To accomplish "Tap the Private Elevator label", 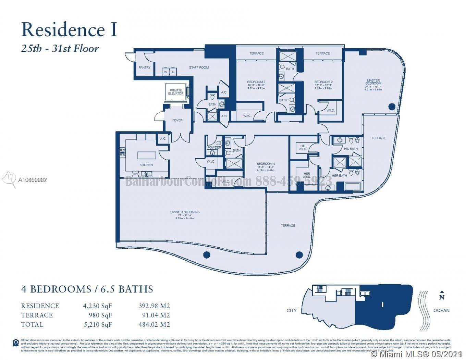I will click(176, 92).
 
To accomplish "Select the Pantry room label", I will click(144, 67).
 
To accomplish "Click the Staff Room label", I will click(199, 67).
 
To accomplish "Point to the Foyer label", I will click(177, 120).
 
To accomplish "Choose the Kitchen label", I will click(146, 165).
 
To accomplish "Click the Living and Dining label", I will click(185, 212).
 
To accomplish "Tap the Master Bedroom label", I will click(373, 82).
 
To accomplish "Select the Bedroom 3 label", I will click(256, 82).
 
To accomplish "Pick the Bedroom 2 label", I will click(323, 82).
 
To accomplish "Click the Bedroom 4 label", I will click(266, 164).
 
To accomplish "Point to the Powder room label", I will click(214, 147).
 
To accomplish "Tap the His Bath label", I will click(351, 149).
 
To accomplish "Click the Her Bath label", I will click(339, 176).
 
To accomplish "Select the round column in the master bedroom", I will click(392, 107).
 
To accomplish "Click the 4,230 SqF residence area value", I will click(97, 306).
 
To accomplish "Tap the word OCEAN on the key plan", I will click(441, 310).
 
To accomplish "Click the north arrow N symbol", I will click(442, 297).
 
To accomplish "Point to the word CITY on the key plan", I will click(292, 310).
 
